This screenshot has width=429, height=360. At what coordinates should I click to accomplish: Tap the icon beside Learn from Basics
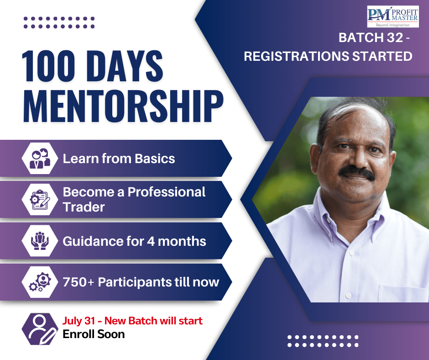[39, 159]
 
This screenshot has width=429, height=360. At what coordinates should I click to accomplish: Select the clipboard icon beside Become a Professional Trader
[39, 200]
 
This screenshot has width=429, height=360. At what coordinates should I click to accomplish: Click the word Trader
[84, 207]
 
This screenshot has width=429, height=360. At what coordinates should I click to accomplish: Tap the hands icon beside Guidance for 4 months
[39, 241]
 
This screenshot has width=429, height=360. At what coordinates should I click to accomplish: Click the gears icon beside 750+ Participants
[39, 282]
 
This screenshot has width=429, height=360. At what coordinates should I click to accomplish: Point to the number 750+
[78, 282]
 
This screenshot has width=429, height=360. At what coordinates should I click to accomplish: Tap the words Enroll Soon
[94, 334]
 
